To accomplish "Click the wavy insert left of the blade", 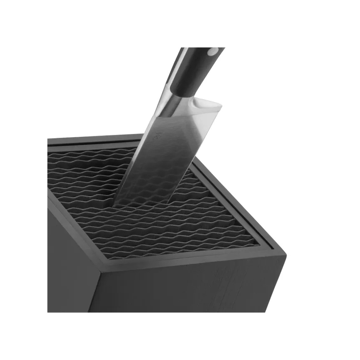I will [x=83, y=178].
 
